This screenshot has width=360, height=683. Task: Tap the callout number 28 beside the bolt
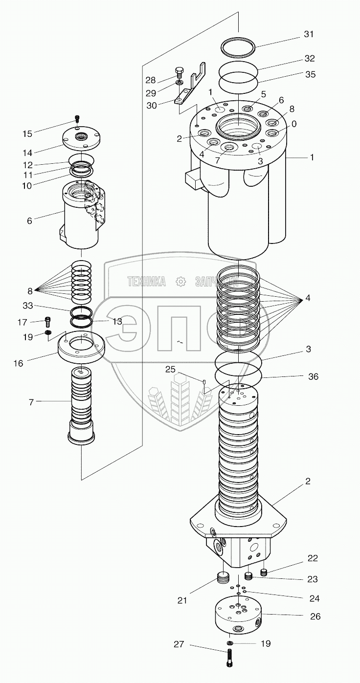tap(150, 79)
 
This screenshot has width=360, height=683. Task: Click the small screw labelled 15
tap(77, 118)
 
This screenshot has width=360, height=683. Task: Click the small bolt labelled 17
tap(48, 321)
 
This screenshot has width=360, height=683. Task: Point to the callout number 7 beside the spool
tap(31, 401)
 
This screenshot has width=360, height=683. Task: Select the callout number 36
tap(313, 376)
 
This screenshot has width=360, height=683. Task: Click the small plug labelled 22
tap(265, 573)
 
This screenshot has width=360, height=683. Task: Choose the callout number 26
tap(315, 617)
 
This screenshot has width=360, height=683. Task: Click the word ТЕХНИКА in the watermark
tap(146, 281)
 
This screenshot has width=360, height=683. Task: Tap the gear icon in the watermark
tap(180, 281)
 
